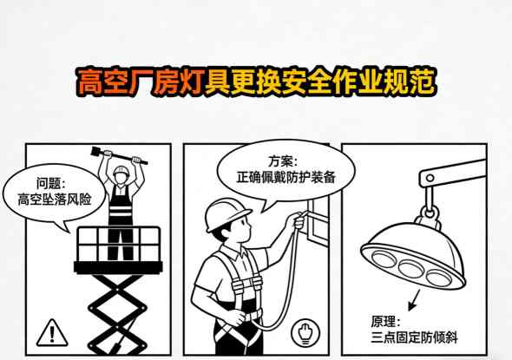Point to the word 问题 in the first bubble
(49, 183)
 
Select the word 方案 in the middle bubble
(282, 160)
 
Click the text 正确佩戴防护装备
(283, 177)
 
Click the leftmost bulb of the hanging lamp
(383, 255)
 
